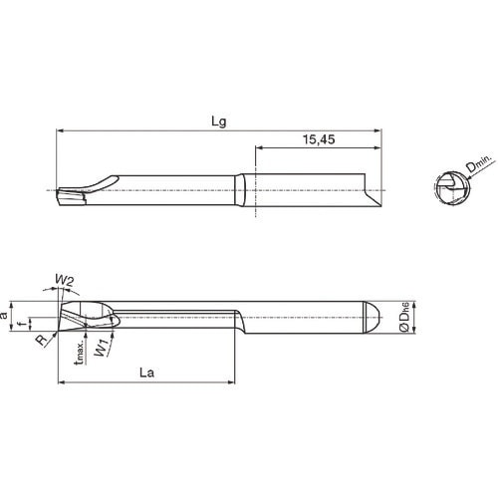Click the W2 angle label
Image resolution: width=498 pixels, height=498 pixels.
point(64,282)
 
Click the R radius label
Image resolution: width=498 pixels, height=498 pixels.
point(39,340)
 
